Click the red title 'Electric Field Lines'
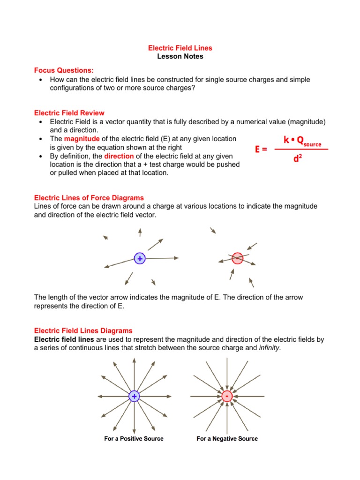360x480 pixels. click(180, 48)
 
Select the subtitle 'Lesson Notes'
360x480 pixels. click(180, 56)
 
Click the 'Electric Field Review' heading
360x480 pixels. click(69, 113)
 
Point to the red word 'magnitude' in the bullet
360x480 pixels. click(82, 139)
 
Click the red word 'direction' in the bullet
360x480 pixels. click(119, 156)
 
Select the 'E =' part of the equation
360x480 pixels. click(261, 150)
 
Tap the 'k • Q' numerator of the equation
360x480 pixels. click(293, 140)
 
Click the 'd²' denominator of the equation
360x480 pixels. click(297, 159)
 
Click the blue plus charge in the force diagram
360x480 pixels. click(139, 258)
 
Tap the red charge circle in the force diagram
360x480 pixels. click(238, 258)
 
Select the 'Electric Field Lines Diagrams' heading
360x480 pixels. click(83, 330)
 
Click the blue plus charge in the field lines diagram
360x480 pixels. click(134, 397)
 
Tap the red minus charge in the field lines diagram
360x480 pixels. click(227, 397)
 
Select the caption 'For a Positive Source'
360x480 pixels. click(134, 439)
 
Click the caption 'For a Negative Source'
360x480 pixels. click(227, 439)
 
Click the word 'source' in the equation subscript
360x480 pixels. click(312, 144)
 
